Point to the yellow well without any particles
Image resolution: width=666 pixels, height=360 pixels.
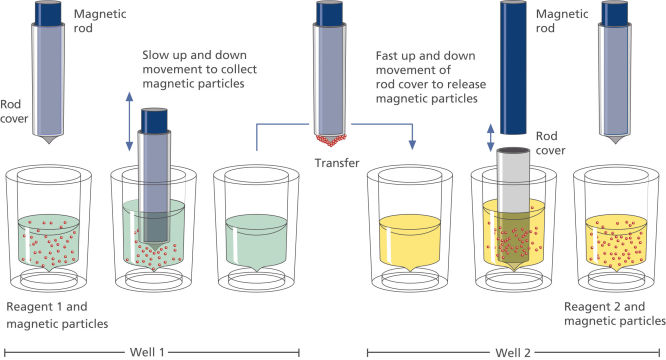(x=411, y=240)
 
